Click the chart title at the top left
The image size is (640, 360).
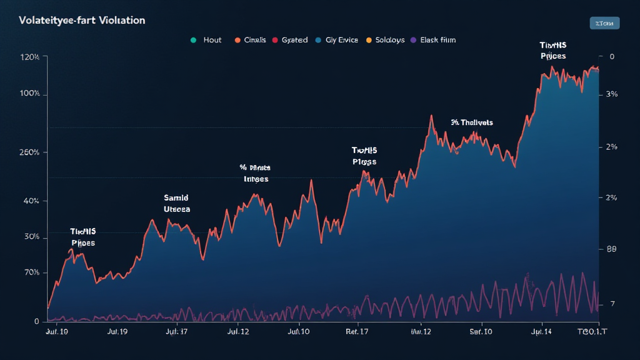click(x=82, y=20)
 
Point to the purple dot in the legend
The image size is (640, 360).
click(x=412, y=40)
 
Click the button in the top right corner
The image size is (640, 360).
click(x=604, y=23)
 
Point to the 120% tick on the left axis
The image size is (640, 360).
click(x=30, y=57)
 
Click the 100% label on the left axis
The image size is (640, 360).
click(x=30, y=94)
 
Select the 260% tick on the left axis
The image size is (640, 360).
click(x=30, y=152)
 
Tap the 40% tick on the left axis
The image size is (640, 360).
click(x=31, y=201)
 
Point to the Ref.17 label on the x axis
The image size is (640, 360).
click(x=357, y=332)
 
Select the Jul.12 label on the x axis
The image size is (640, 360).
click(x=239, y=332)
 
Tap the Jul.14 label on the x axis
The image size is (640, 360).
click(x=541, y=332)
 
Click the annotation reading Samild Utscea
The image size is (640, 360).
click(x=176, y=204)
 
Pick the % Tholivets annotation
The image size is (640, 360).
click(x=471, y=122)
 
